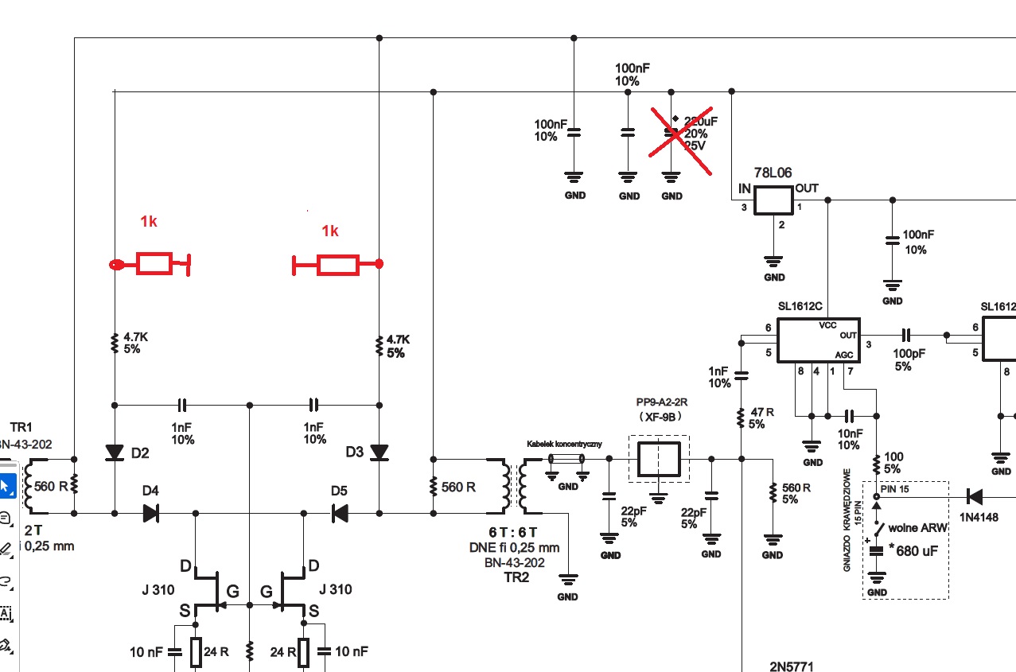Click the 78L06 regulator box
[773, 200]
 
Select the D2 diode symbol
[115, 453]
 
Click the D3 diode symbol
[379, 453]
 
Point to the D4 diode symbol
[151, 513]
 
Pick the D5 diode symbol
[340, 513]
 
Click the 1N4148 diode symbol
[973, 497]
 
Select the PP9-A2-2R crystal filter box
[660, 458]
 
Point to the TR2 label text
[516, 577]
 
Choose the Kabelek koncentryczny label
[565, 443]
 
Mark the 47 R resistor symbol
[741, 414]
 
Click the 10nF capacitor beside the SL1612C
[849, 415]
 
